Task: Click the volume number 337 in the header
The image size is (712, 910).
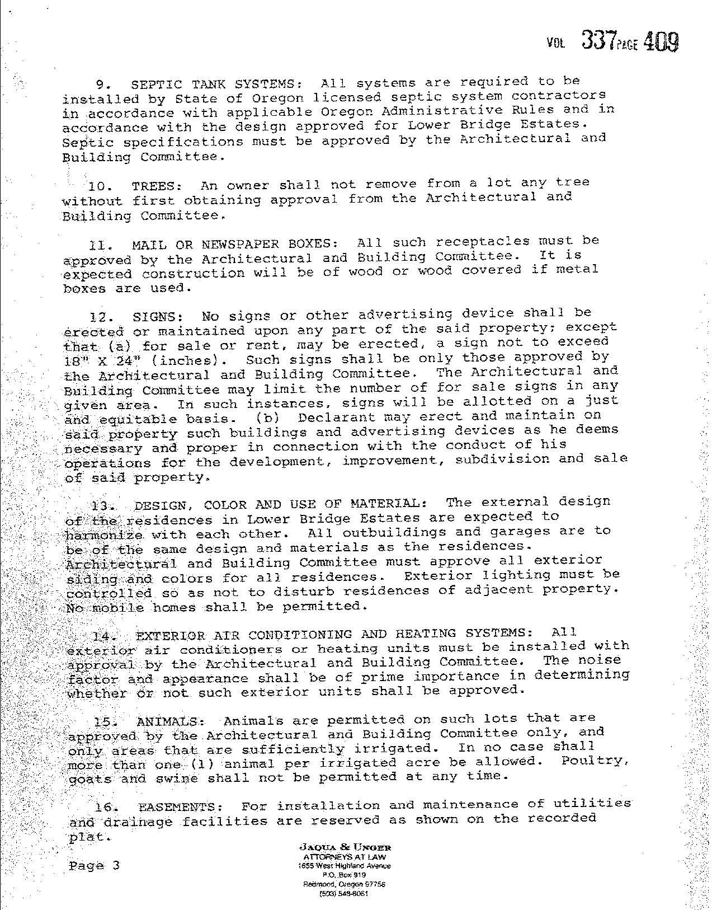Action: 599,40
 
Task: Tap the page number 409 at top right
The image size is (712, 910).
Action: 661,41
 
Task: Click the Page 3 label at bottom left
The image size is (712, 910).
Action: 94,866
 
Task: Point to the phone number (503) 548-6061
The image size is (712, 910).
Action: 343,894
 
